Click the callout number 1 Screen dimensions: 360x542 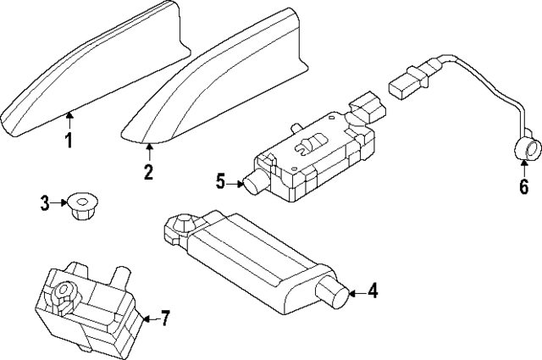click(x=69, y=141)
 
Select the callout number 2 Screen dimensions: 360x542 click(x=148, y=174)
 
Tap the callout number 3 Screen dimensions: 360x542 click(x=45, y=202)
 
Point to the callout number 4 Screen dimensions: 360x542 click(x=373, y=292)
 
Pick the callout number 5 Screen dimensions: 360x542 click(x=220, y=180)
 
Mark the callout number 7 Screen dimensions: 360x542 click(x=165, y=318)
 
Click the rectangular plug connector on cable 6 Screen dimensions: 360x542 click(x=406, y=86)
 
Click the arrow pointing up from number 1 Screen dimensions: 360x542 click(x=69, y=120)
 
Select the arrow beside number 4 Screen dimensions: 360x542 click(x=357, y=292)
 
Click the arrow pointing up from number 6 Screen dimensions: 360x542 click(x=523, y=166)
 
